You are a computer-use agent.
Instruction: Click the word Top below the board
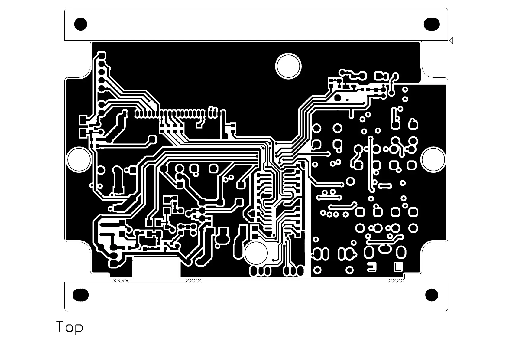point(70,327)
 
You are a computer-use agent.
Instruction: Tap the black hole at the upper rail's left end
point(81,24)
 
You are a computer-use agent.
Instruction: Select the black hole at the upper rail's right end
point(431,24)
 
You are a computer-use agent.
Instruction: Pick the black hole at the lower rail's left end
point(81,295)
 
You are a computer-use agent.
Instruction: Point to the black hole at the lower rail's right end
point(431,295)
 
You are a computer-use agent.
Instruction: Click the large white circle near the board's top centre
point(288,66)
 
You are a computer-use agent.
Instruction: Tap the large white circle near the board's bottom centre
point(256,253)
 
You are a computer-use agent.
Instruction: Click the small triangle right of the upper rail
point(451,40)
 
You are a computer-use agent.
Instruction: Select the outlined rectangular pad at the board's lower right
point(398,267)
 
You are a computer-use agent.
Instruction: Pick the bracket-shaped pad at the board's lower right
point(372,267)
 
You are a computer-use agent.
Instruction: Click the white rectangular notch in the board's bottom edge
point(156,266)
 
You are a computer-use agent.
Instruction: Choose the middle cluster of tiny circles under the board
point(193,280)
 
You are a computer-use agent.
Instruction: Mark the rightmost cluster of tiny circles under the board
point(396,280)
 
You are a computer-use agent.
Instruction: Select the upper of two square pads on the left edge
point(83,120)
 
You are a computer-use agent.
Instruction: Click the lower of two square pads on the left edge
point(83,133)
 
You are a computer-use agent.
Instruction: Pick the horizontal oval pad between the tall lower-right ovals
point(384,249)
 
